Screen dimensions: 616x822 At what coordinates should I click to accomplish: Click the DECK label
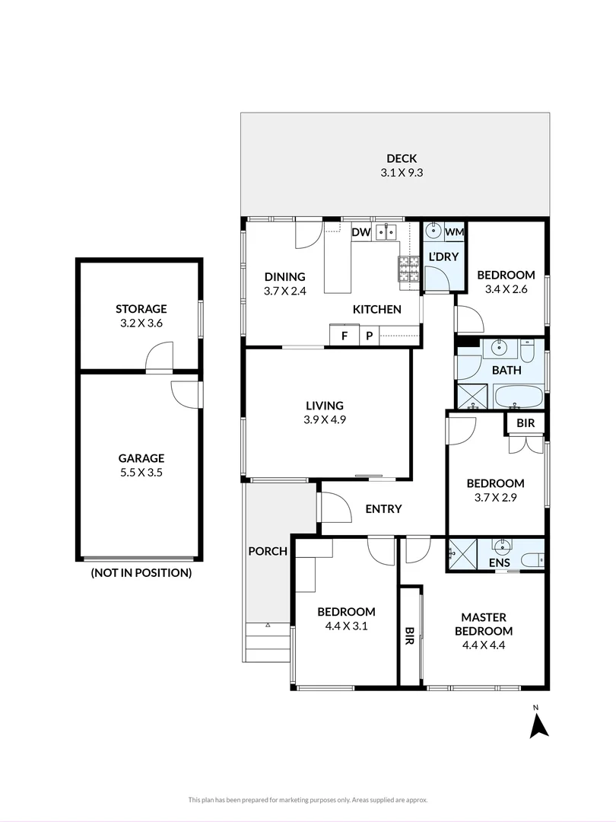tap(402, 158)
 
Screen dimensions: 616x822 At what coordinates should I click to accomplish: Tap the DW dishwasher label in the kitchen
tap(361, 232)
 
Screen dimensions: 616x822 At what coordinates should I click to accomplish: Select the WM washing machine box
tap(454, 231)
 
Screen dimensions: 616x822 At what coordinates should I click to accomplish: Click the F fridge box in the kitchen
tap(345, 335)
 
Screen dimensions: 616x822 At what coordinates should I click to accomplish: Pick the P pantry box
tap(370, 335)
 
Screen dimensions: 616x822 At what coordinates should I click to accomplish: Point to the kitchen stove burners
tap(409, 269)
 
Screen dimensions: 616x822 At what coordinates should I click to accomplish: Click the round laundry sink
tap(433, 231)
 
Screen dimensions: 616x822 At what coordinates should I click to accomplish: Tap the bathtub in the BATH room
tap(518, 397)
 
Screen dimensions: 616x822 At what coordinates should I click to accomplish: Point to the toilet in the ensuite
tap(534, 560)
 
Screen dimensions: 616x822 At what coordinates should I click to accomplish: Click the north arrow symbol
tap(538, 727)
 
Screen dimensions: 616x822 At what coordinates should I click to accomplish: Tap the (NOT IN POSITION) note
tap(141, 572)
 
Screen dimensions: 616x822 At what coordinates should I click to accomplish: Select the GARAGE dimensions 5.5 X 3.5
tap(141, 473)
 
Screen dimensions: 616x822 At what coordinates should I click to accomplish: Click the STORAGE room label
tap(141, 309)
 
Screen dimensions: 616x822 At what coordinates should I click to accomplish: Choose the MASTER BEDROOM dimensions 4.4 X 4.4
tap(484, 645)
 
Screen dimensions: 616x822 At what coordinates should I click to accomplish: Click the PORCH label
tap(268, 551)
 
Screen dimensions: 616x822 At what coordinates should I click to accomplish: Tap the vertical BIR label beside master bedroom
tap(410, 636)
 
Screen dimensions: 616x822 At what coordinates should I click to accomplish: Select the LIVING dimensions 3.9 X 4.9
tap(325, 419)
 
